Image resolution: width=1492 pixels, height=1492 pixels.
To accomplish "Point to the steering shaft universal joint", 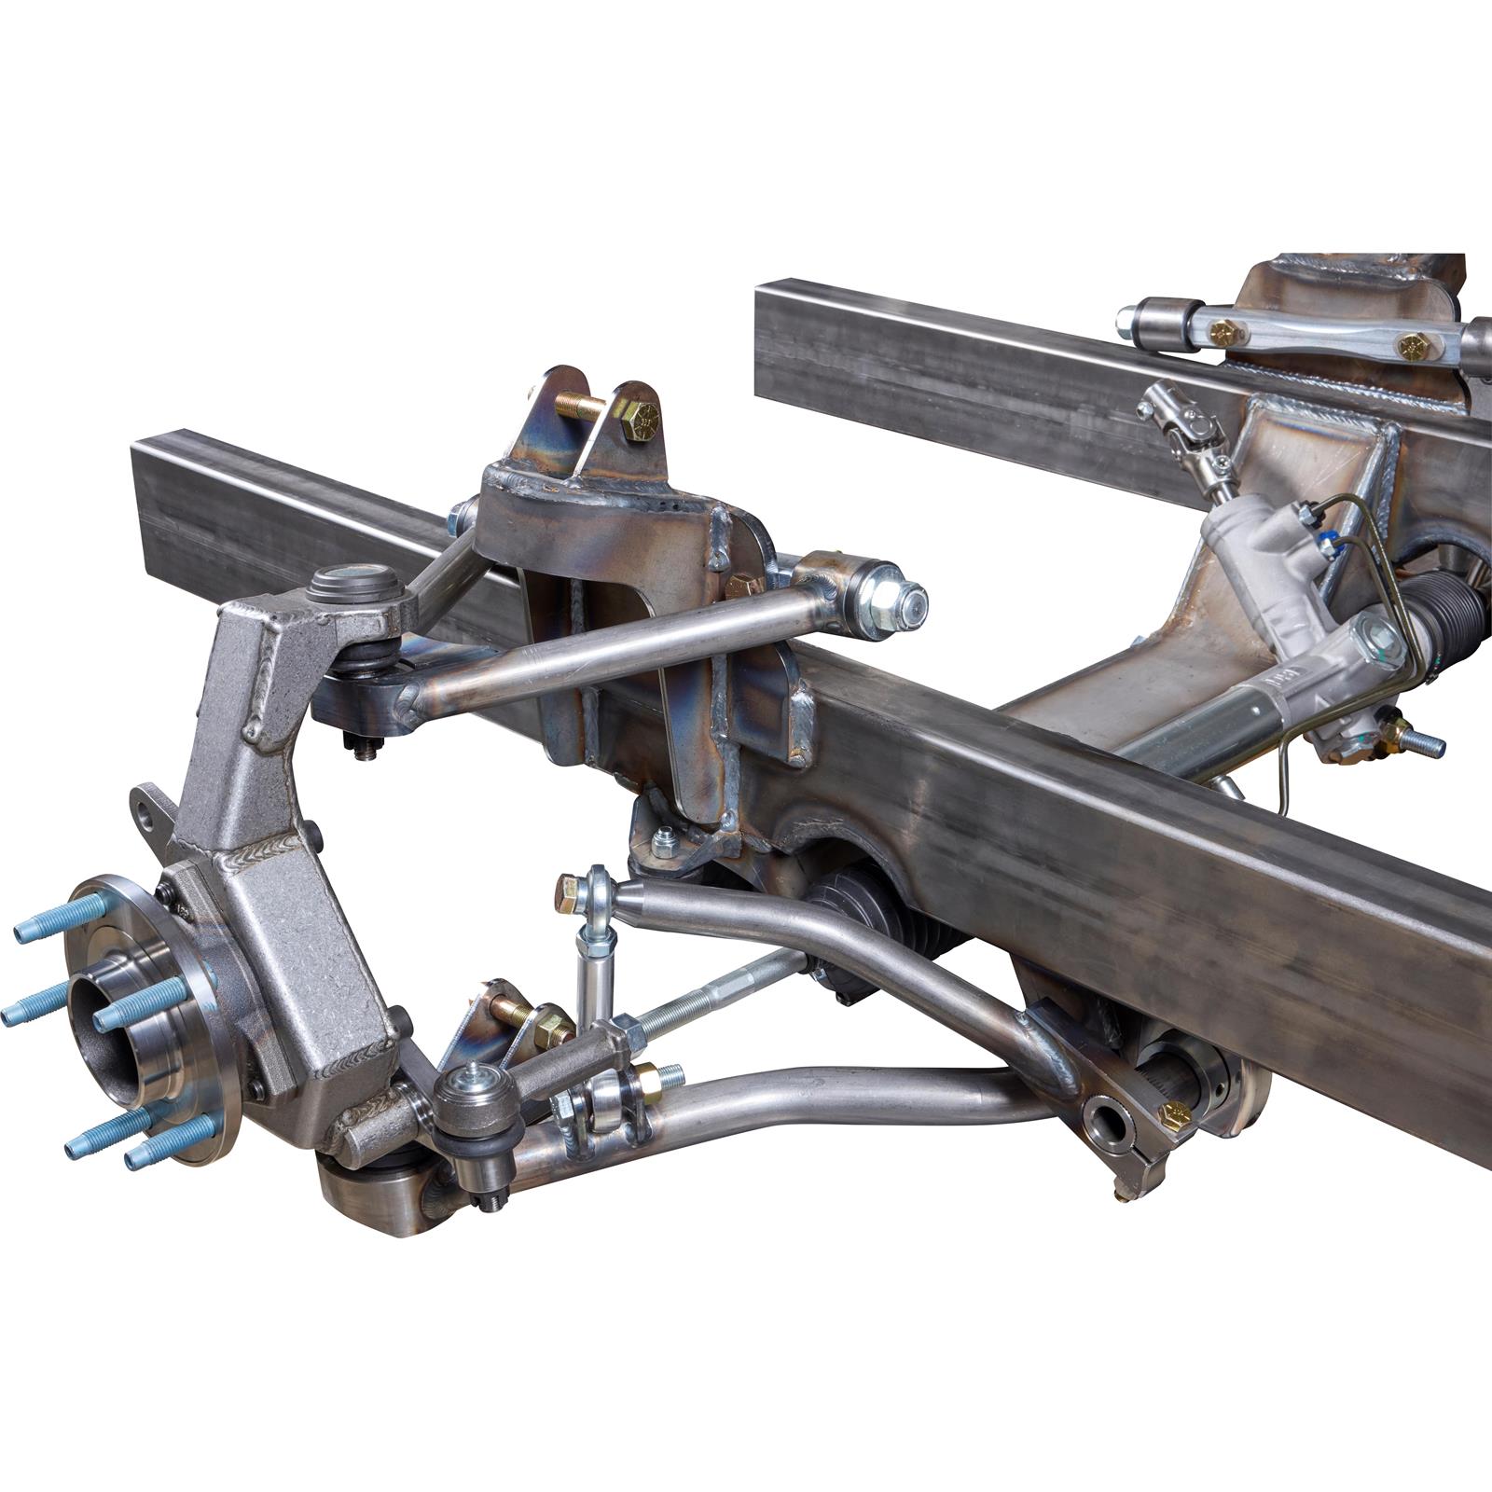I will pos(1181,424).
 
